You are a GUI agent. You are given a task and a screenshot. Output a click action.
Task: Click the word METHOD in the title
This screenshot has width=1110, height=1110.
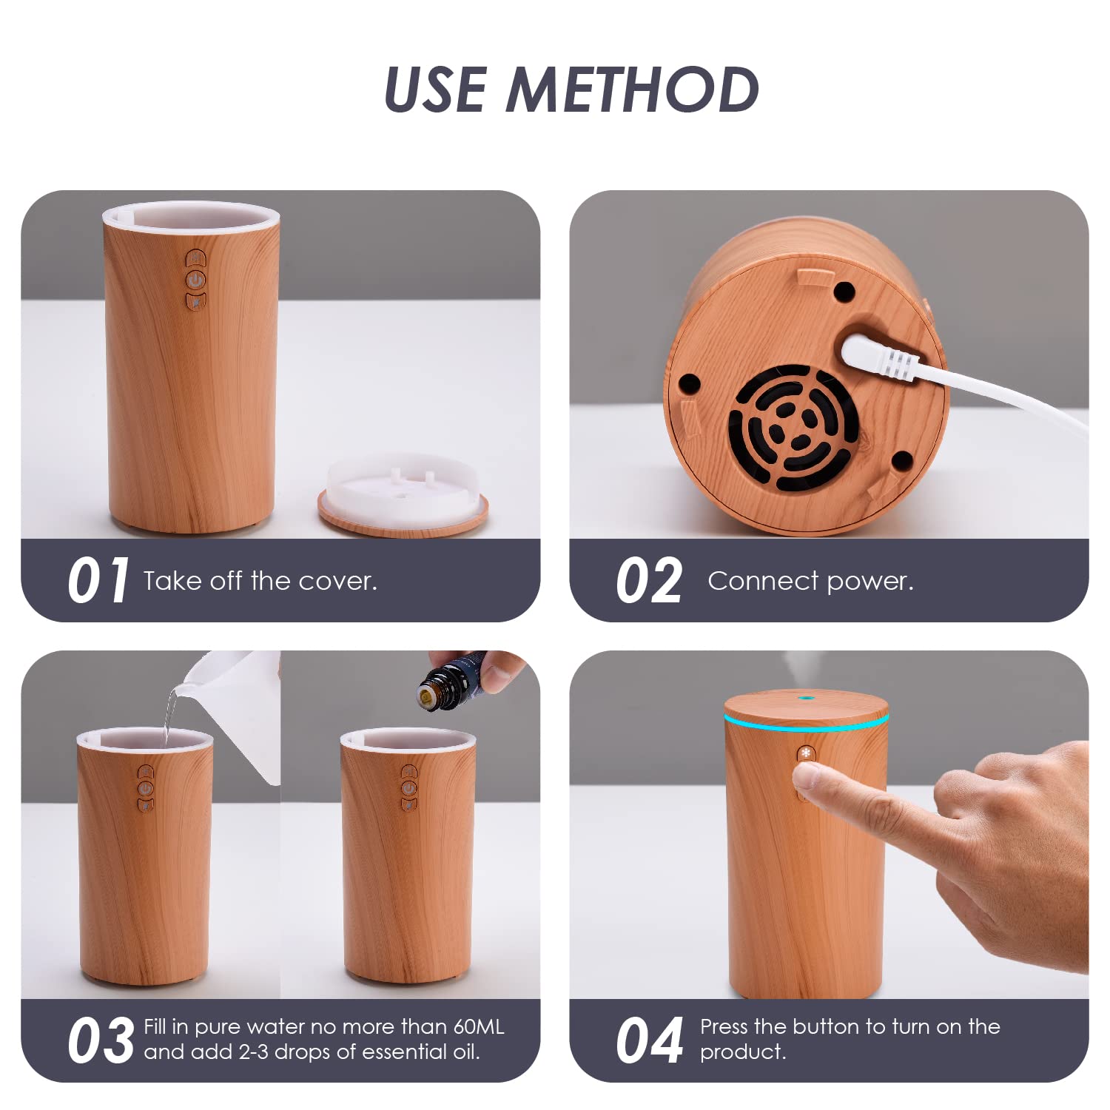click(633, 90)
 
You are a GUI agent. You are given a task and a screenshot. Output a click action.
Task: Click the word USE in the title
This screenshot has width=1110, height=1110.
click(436, 90)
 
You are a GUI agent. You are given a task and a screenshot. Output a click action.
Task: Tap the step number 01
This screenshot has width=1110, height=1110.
click(98, 581)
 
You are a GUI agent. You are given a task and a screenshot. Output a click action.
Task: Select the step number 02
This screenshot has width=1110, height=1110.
click(648, 581)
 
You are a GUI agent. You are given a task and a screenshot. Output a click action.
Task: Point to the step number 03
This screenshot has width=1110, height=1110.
click(100, 1040)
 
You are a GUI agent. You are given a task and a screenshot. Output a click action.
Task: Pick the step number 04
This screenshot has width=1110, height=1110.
click(648, 1040)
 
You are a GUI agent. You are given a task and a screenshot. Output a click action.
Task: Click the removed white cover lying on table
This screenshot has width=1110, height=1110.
click(403, 494)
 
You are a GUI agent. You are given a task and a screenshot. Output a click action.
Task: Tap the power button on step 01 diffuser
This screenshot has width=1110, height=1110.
click(195, 280)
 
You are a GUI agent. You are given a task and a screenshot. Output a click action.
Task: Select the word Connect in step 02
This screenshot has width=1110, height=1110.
click(763, 582)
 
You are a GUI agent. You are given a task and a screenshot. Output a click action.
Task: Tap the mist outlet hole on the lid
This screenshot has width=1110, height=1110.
click(804, 697)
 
